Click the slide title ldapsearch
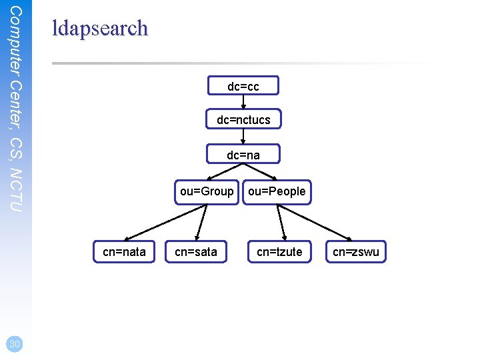[100, 28]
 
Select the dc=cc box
[243, 86]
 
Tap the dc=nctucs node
[243, 120]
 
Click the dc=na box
[243, 155]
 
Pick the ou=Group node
[207, 191]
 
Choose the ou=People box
[277, 191]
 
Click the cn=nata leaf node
[125, 251]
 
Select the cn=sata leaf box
[196, 251]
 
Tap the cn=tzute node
[279, 251]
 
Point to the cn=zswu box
[356, 251]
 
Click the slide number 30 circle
[14, 344]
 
